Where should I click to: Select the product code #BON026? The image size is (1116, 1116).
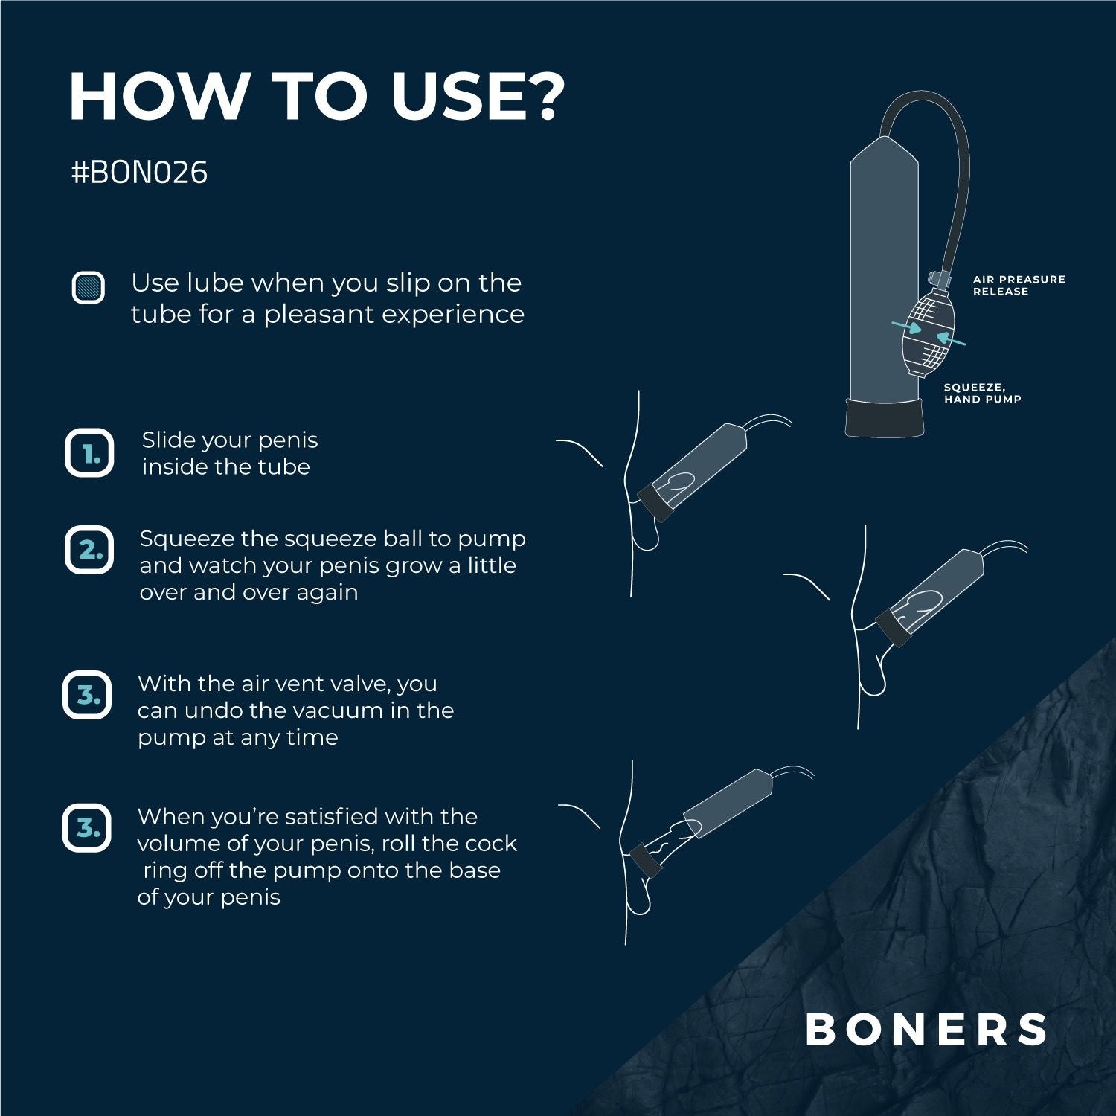[139, 173]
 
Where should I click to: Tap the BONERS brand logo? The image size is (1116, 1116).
[926, 1030]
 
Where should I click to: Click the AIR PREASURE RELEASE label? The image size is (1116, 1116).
[1018, 286]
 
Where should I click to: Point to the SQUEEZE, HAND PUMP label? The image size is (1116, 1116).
[982, 393]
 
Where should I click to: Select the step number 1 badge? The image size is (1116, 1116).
[89, 453]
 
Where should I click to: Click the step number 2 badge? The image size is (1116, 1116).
[89, 550]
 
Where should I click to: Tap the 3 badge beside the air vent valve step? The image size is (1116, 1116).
[88, 696]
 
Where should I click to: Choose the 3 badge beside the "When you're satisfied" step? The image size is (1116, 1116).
[87, 827]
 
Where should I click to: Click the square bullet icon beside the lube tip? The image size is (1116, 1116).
[89, 287]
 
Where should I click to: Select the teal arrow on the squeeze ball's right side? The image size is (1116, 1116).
[950, 340]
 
